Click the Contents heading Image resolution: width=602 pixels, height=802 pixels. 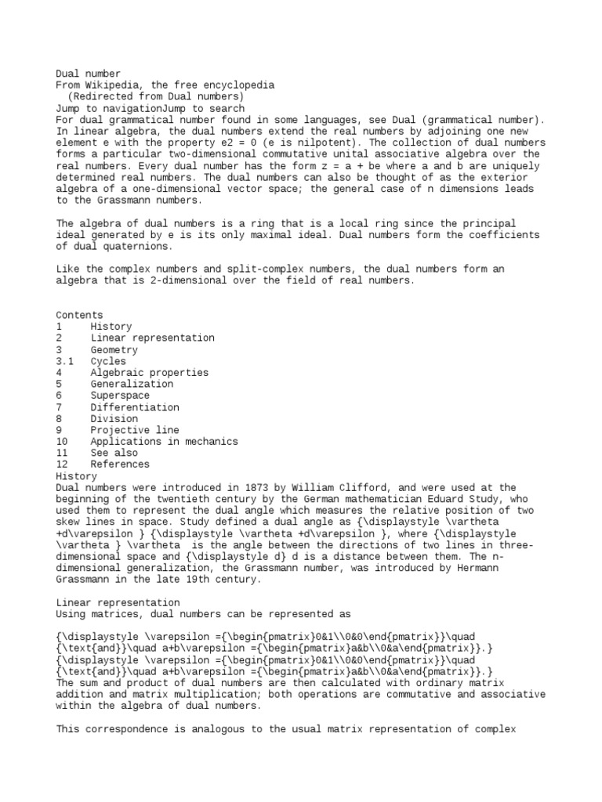pyautogui.click(x=79, y=315)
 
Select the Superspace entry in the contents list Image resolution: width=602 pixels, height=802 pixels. pyautogui.click(x=119, y=396)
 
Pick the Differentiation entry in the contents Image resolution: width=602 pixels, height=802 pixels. pyautogui.click(x=134, y=407)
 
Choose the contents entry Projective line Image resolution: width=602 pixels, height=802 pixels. pyautogui.click(x=134, y=430)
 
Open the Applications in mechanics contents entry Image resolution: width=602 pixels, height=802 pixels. pyautogui.click(x=164, y=441)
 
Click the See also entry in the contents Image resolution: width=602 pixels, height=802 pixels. pyautogui.click(x=114, y=453)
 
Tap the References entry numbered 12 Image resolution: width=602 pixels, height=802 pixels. pyautogui.click(x=119, y=464)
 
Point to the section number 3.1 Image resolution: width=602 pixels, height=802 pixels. pyautogui.click(x=65, y=361)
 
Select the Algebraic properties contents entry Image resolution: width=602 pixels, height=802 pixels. pyautogui.click(x=149, y=373)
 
